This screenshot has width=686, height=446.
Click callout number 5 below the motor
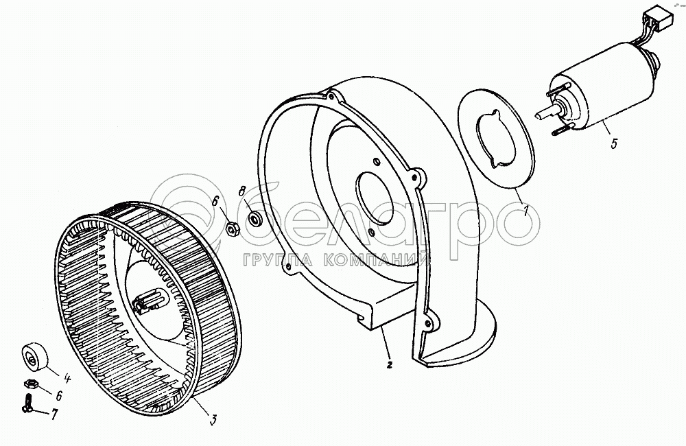(614, 143)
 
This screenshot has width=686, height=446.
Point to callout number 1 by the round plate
(526, 211)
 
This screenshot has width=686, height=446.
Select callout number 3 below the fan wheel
(213, 421)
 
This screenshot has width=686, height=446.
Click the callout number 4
(67, 377)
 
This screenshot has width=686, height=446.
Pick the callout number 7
(54, 414)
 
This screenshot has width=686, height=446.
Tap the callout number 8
(242, 191)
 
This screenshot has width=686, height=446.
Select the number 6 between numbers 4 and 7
(59, 396)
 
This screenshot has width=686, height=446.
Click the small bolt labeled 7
(27, 402)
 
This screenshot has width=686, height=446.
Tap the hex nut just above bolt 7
(31, 384)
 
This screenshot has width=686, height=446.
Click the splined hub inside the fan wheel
(147, 301)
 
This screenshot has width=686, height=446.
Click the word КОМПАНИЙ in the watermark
(376, 261)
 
